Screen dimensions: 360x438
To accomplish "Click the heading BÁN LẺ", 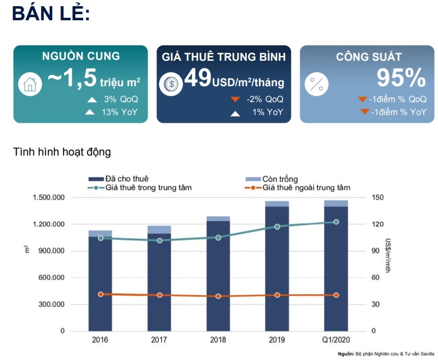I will coord(51,14).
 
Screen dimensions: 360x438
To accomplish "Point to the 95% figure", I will coord(401,78).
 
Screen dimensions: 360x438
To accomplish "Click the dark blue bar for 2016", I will coord(100,284).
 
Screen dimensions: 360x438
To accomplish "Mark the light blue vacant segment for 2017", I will coord(159,230).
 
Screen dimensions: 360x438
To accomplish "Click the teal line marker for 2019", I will coord(277,227).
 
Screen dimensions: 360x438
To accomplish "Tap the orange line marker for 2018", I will coord(218,296).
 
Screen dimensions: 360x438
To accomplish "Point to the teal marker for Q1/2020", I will coord(336,222).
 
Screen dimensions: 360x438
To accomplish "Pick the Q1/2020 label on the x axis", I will coord(336,339).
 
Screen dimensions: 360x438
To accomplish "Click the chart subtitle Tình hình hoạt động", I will coord(62,152).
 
